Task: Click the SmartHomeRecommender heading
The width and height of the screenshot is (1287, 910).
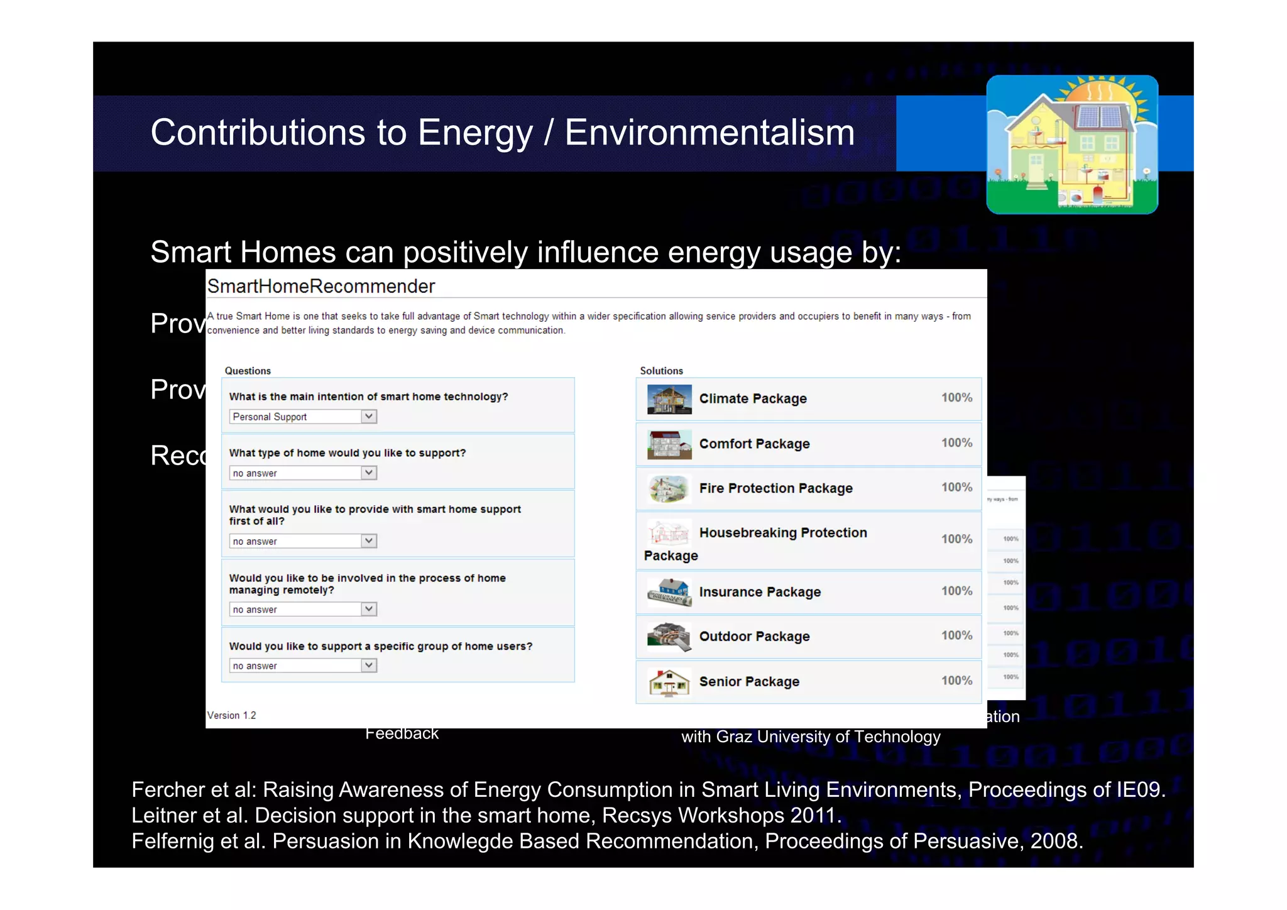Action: pyautogui.click(x=321, y=287)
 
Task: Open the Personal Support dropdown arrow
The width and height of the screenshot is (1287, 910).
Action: pyautogui.click(x=369, y=416)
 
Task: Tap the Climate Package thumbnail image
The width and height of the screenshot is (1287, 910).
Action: pyautogui.click(x=669, y=399)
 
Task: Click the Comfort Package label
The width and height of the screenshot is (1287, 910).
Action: pyautogui.click(x=754, y=444)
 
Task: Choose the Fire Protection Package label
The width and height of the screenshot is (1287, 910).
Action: pyautogui.click(x=775, y=488)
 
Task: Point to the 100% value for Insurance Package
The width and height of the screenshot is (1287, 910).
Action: pyautogui.click(x=956, y=591)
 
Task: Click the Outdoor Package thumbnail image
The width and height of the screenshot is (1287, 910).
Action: pyautogui.click(x=669, y=637)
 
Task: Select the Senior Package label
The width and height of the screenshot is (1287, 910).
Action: pyautogui.click(x=749, y=682)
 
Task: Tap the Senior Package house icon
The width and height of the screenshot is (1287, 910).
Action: pyautogui.click(x=669, y=682)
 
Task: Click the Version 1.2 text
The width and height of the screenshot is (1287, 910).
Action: pyautogui.click(x=232, y=715)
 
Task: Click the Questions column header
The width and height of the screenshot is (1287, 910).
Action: pyautogui.click(x=248, y=371)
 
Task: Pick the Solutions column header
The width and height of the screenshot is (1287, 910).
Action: pyautogui.click(x=661, y=371)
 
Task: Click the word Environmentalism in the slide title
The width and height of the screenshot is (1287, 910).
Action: pyautogui.click(x=709, y=133)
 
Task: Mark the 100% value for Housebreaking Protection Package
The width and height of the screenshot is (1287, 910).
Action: pyautogui.click(x=956, y=539)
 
